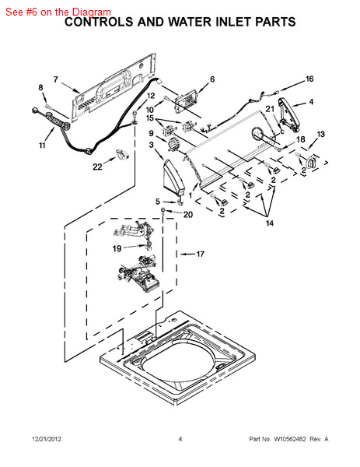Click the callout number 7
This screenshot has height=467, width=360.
(56, 79)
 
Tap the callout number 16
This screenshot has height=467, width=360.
(309, 79)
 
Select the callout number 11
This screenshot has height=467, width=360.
(42, 145)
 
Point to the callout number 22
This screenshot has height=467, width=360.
(97, 167)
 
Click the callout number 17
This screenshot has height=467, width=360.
(201, 254)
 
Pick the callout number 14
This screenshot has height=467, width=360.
(270, 223)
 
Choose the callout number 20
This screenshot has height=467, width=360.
(187, 215)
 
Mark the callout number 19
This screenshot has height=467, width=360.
(117, 248)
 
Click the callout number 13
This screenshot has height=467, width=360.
(320, 134)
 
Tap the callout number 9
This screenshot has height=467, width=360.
(151, 133)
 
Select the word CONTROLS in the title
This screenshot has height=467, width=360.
(100, 22)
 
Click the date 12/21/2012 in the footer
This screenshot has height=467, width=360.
(47, 439)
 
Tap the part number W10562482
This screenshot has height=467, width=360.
(289, 439)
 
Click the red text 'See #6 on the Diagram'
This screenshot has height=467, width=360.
(58, 12)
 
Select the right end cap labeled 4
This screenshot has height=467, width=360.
(289, 115)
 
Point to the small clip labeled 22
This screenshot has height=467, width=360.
(122, 154)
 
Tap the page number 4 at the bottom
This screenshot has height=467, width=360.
(180, 439)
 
